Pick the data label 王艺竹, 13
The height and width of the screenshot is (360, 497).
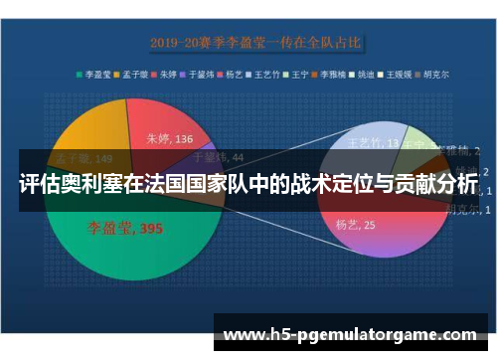click(376, 142)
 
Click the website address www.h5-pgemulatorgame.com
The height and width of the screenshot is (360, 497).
click(353, 335)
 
